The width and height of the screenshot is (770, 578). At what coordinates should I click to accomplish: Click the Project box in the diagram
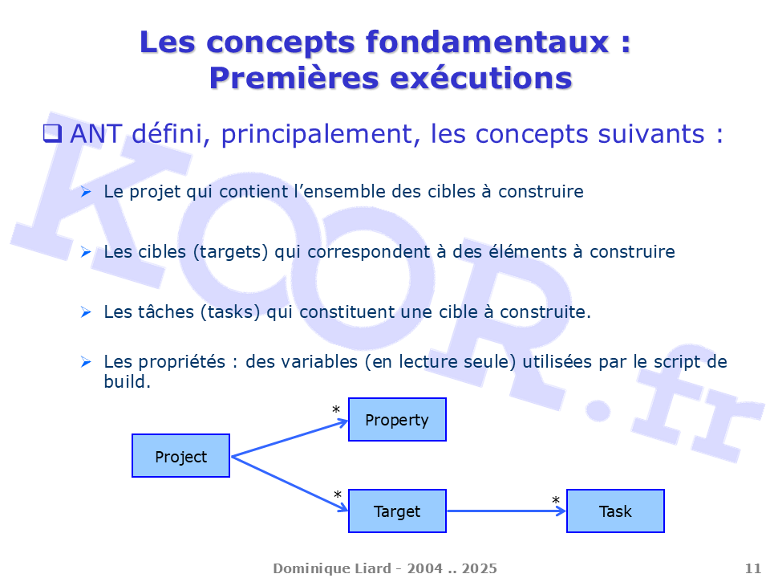coord(180,456)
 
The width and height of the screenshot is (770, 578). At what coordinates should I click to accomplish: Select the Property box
coord(397,419)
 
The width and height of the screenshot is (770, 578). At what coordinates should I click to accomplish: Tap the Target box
coord(397,511)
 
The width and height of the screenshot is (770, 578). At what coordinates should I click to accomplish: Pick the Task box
coord(615,511)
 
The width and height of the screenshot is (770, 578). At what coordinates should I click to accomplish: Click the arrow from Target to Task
coord(507,511)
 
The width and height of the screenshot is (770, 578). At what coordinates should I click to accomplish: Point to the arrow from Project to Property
coord(290,439)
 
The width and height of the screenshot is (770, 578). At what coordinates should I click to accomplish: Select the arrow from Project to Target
coord(290,484)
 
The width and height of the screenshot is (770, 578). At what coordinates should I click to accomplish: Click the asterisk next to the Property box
coord(336,409)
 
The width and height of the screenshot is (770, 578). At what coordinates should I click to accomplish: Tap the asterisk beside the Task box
coord(555,500)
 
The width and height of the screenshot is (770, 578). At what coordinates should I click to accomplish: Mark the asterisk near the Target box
coord(338,495)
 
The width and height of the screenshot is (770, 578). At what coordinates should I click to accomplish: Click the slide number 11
coord(753,568)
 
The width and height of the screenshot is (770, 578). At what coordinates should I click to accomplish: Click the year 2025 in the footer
coord(480,568)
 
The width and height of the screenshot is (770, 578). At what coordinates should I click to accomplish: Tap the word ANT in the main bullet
coord(95,134)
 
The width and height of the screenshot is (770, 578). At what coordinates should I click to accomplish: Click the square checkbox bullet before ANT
coord(52,133)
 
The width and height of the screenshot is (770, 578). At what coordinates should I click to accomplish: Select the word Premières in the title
coord(294,79)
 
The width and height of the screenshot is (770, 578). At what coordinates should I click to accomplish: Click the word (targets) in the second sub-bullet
coord(231,251)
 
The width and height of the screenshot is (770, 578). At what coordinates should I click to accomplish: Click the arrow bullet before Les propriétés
coord(86,362)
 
